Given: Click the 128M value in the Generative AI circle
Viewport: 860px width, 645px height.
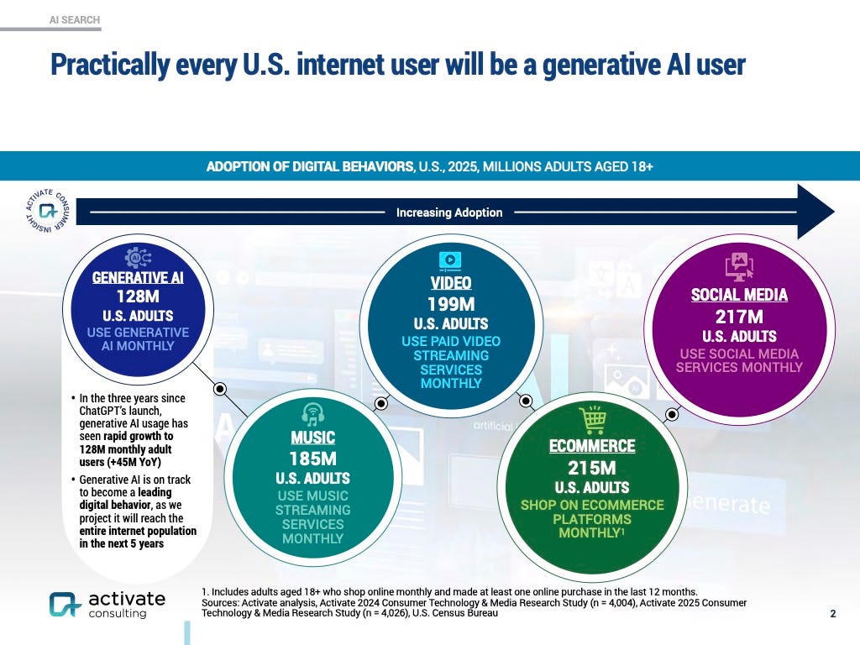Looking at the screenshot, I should tap(138, 296).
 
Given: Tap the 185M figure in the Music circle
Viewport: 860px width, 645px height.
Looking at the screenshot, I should tap(312, 459).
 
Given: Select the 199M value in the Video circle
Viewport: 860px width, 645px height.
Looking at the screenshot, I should tap(450, 303).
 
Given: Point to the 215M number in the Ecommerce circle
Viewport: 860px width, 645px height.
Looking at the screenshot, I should tap(592, 467).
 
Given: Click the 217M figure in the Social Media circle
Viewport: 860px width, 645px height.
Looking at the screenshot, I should tap(739, 317).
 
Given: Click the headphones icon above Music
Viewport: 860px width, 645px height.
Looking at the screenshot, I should tap(313, 412).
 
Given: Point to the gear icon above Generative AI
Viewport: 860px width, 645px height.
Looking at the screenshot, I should tap(137, 257).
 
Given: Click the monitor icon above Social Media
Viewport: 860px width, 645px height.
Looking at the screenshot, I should tap(739, 266).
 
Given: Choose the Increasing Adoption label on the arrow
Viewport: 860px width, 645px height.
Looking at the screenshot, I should tap(449, 212).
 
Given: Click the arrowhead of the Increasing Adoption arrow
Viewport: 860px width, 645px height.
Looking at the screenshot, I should tap(814, 212).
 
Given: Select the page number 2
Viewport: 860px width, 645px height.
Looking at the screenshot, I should tap(832, 614).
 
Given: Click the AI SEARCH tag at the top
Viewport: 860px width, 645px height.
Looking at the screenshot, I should tap(75, 19).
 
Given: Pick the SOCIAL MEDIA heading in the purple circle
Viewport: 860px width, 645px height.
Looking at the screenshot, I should tap(739, 295).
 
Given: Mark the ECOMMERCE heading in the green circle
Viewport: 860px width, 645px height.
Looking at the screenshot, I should tap(592, 446).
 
